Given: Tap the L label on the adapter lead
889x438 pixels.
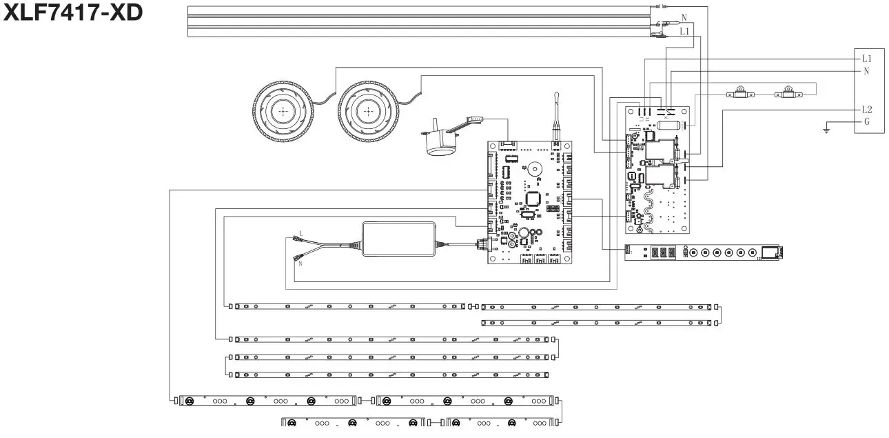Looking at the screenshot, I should [x=300, y=233].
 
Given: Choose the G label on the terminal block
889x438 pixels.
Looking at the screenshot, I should [x=867, y=123].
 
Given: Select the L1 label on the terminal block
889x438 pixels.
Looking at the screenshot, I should [x=868, y=58].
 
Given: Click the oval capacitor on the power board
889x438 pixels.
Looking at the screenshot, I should [x=668, y=126].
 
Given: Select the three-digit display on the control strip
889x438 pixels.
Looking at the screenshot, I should [x=660, y=253].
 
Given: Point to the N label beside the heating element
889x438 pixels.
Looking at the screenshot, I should [x=684, y=17].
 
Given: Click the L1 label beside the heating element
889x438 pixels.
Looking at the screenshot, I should [x=684, y=32].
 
